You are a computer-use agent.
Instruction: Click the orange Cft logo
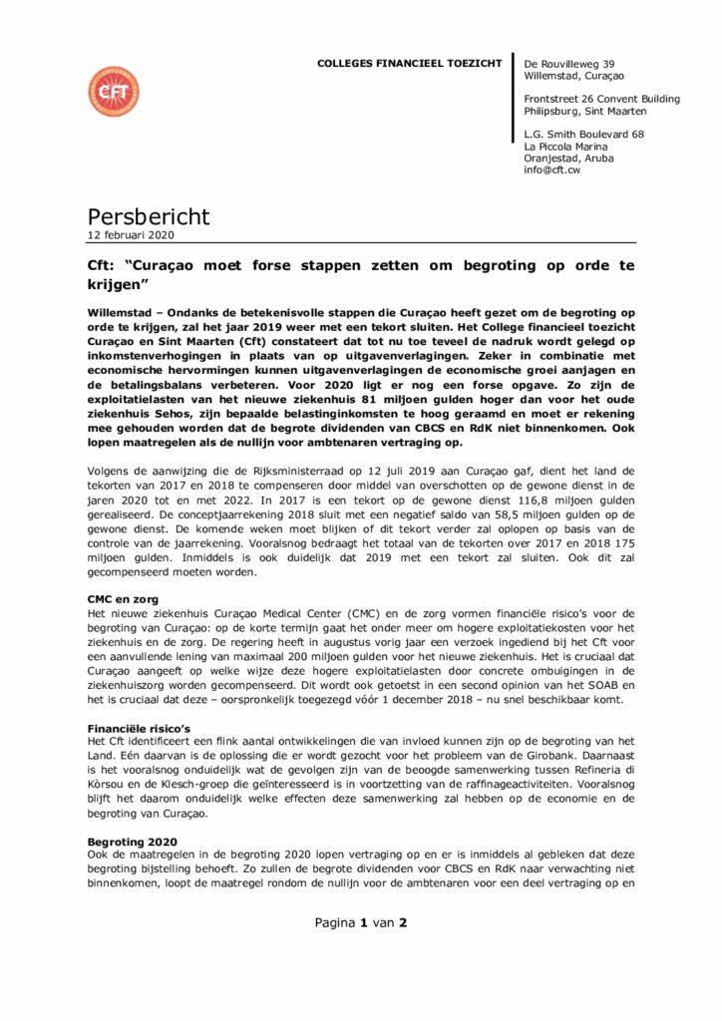(114, 92)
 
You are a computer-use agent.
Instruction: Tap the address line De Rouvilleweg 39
(564, 63)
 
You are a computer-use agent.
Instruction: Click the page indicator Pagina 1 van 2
(361, 922)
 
